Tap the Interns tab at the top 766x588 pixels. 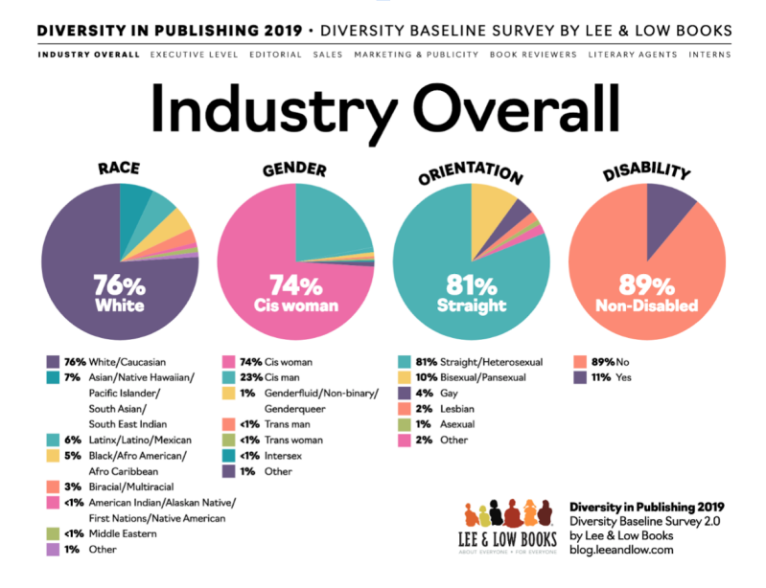pyautogui.click(x=709, y=55)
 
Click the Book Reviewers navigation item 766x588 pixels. pyautogui.click(x=534, y=55)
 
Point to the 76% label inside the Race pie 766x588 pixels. pyautogui.click(x=120, y=284)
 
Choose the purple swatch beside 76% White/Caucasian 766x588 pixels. pyautogui.click(x=53, y=362)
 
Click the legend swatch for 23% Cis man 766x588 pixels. pyautogui.click(x=229, y=378)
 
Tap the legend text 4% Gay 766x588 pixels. pyautogui.click(x=449, y=394)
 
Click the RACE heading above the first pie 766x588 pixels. pyautogui.click(x=121, y=170)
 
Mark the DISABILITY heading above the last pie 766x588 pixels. pyautogui.click(x=647, y=170)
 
